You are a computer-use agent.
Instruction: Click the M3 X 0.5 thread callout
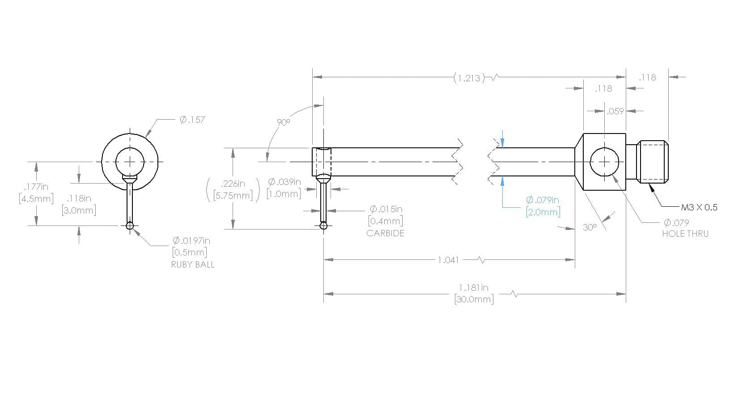point(699,207)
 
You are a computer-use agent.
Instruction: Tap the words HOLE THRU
point(685,234)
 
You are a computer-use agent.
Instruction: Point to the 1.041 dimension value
point(448,260)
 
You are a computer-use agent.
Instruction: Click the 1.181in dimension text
point(474,288)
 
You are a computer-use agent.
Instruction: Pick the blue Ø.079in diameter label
point(542,200)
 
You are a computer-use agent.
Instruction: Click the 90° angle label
point(283,122)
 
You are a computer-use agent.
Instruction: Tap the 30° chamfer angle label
point(590,227)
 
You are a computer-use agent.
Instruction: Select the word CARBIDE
point(385,233)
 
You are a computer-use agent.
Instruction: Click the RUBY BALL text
point(193,264)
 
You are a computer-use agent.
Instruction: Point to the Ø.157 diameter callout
point(192,120)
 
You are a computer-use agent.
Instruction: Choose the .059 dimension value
point(615,111)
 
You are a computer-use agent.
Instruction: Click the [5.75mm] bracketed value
point(233,196)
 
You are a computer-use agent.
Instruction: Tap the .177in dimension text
point(36,187)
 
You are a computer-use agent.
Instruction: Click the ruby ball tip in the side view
point(323,226)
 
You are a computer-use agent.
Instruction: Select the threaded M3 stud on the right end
point(653,162)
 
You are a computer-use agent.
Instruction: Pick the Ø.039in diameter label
point(284,182)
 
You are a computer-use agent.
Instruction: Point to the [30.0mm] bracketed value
point(474,299)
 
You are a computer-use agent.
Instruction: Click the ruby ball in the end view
point(130,226)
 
